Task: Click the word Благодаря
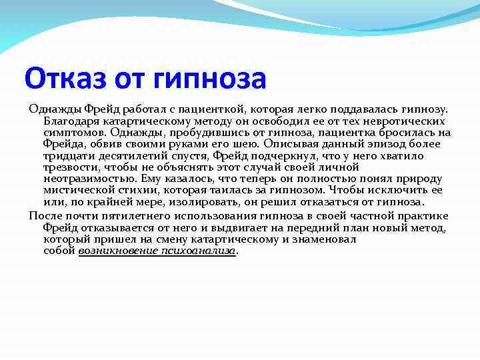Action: (70, 121)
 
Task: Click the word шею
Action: (246, 144)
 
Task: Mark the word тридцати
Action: (67, 155)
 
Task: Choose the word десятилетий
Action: (129, 155)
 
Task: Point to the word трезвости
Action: (69, 167)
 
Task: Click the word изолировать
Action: (192, 201)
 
